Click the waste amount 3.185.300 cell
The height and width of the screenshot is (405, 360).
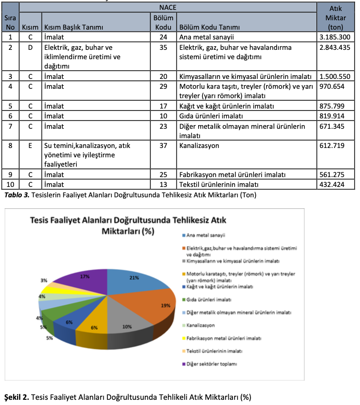[x=336, y=37]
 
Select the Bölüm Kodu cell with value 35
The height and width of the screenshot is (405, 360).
[x=163, y=47]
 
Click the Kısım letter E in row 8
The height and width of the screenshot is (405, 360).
[x=30, y=146]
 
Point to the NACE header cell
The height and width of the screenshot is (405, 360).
[x=168, y=7]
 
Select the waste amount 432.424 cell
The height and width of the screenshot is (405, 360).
[x=336, y=184]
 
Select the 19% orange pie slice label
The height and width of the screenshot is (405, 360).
[x=166, y=305]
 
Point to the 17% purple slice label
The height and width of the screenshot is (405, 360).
[x=85, y=277]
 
